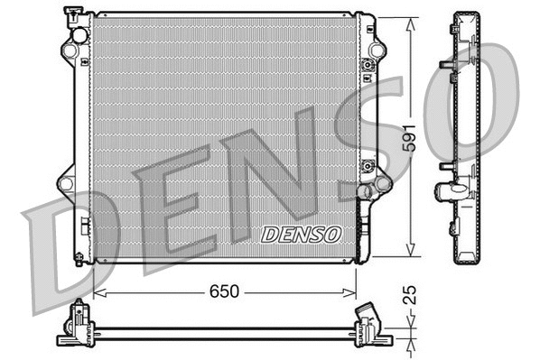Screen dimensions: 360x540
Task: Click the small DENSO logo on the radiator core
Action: (302, 234)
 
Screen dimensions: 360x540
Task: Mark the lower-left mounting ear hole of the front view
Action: (65, 184)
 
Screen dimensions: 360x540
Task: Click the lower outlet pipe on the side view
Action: (451, 190)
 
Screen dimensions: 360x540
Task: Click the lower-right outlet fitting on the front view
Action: (365, 190)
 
